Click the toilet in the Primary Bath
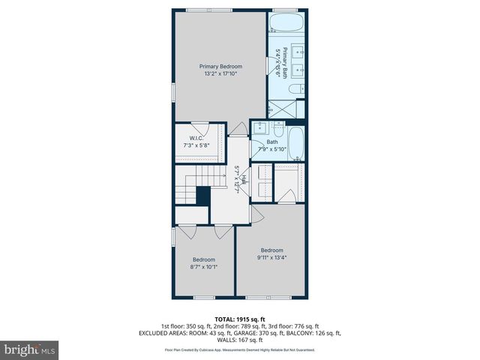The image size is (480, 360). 296,89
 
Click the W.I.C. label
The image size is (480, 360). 196,137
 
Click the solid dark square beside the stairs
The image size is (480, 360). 202,196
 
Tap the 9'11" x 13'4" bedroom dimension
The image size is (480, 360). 271,257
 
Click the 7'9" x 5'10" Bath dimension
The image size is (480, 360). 272,148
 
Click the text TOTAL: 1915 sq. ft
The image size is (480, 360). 240,319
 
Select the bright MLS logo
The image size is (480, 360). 30,349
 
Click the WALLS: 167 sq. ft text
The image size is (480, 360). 240,340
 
